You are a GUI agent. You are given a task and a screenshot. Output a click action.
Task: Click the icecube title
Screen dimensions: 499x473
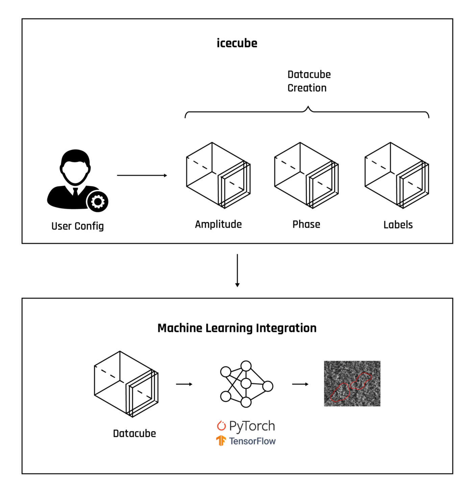coord(237,43)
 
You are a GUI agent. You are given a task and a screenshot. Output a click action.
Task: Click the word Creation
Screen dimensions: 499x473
coord(307,88)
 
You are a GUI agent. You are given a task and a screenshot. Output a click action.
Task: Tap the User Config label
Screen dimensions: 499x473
coord(77,226)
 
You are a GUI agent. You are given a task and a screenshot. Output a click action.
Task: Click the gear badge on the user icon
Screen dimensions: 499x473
coord(98,202)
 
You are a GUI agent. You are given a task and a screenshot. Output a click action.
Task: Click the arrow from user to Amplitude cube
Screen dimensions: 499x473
coord(142,175)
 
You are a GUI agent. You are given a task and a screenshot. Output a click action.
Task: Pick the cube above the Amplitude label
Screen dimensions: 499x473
coord(218,175)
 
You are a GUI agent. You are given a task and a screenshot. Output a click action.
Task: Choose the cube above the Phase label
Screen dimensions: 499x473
coord(306,175)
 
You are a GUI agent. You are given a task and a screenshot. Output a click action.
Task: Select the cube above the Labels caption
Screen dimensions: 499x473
coord(397,175)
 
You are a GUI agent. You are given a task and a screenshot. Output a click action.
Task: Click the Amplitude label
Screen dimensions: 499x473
coord(218,224)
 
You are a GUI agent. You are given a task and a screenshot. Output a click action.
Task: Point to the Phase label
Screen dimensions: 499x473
coord(306,224)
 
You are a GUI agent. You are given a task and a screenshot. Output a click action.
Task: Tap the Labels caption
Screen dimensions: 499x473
coord(398,225)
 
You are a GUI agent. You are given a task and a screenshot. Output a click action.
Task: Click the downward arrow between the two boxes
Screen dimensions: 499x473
coord(237,270)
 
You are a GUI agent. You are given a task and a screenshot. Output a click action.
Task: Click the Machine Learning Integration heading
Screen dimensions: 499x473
coord(237,328)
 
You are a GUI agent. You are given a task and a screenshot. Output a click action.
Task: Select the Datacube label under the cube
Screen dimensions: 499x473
coord(134,433)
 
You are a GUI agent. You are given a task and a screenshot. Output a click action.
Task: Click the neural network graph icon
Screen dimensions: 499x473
coord(246,384)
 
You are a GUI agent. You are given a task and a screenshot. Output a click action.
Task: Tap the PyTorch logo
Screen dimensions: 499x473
coord(246,426)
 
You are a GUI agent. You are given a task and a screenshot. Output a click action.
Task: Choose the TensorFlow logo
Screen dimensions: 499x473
coord(246,441)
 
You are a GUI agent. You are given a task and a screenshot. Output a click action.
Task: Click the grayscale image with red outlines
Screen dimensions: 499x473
coord(352,383)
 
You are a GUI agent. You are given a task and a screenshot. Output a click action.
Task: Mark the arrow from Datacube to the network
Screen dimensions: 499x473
coord(184,384)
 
